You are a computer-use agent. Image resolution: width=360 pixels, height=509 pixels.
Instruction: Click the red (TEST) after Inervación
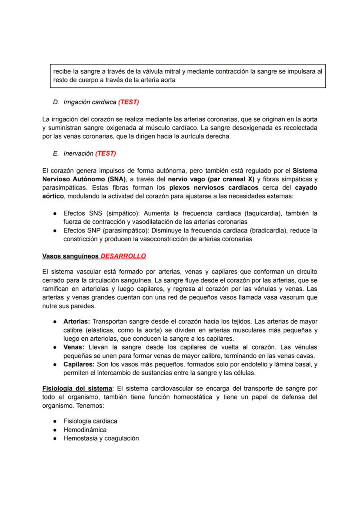106,153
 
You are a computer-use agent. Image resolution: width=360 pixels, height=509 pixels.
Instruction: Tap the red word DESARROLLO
123,256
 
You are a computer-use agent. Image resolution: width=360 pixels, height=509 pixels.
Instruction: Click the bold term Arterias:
77,322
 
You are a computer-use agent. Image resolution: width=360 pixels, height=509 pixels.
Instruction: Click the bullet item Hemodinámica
85,429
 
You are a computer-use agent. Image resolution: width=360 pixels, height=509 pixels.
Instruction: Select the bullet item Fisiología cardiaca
90,421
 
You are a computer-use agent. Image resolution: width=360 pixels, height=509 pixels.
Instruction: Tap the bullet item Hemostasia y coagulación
101,438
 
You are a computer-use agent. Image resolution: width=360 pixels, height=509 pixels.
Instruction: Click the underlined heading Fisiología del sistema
77,388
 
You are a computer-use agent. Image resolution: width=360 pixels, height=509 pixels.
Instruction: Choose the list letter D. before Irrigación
56,103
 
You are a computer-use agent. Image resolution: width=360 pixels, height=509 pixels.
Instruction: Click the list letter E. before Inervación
56,153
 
